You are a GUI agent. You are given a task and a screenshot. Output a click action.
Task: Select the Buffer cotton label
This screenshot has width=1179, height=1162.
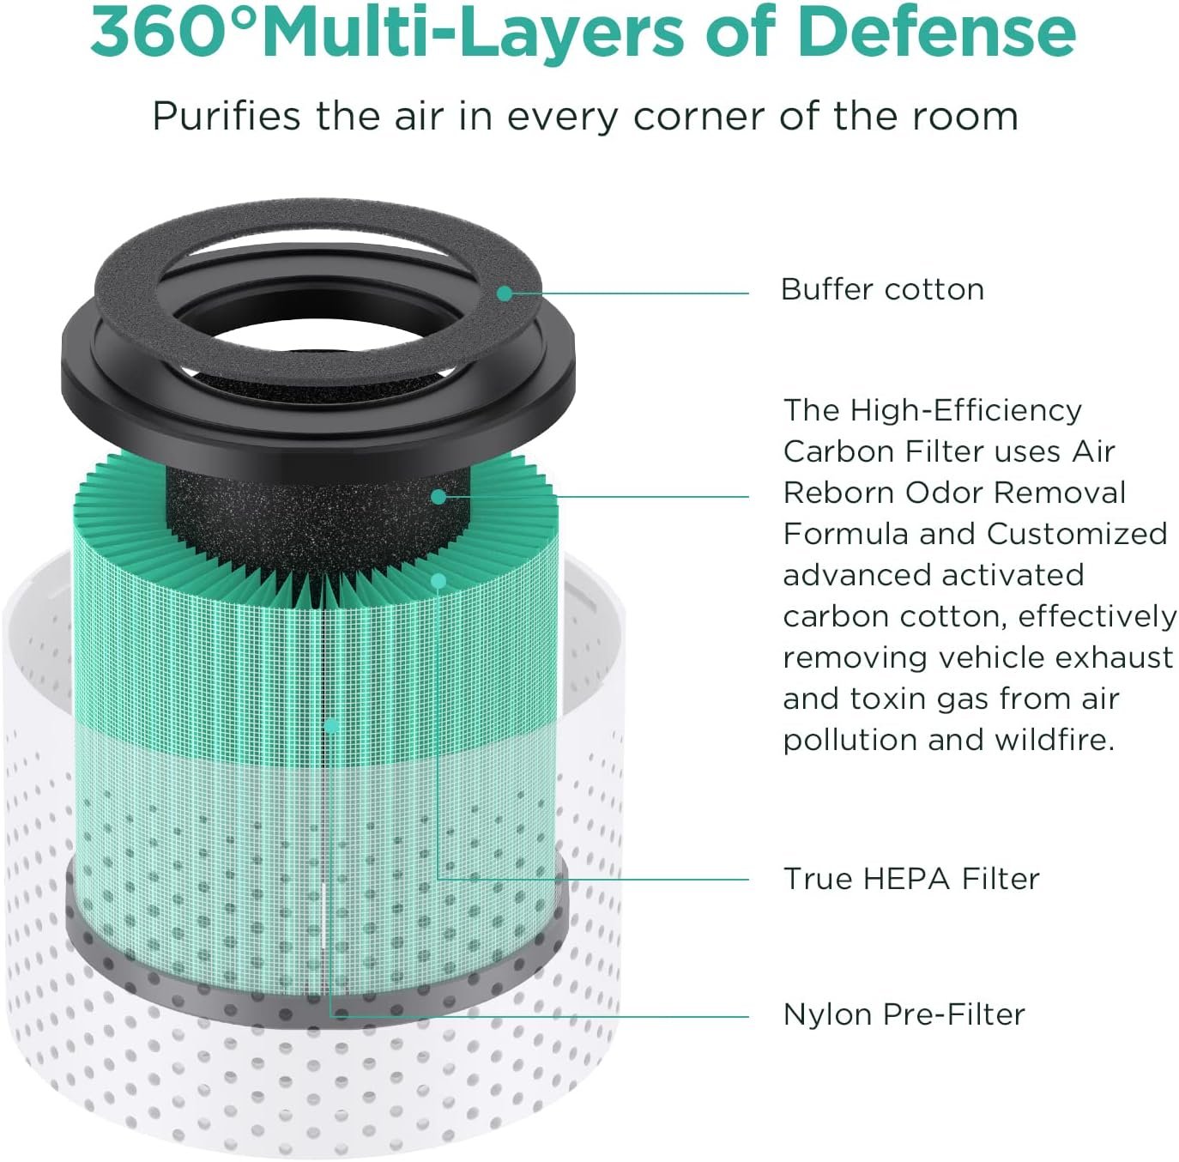coord(882,289)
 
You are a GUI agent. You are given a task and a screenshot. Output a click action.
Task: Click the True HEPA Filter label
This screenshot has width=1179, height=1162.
coord(911,879)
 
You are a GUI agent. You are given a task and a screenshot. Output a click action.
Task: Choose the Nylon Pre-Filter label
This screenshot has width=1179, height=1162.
coord(904,1014)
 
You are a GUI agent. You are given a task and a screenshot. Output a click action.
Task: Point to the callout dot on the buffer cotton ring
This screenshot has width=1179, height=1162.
coord(505,294)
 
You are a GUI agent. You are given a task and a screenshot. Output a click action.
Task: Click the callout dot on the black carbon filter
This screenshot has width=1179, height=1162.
coord(438,497)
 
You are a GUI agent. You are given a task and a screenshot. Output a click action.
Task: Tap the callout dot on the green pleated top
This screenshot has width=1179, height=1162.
coord(438,580)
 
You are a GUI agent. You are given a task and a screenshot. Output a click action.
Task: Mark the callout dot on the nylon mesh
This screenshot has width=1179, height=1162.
coord(331,726)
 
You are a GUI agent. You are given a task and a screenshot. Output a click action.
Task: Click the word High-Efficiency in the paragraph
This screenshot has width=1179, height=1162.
coord(965,411)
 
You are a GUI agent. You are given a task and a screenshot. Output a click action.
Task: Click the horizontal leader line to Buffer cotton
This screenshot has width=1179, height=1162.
coord(626,294)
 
